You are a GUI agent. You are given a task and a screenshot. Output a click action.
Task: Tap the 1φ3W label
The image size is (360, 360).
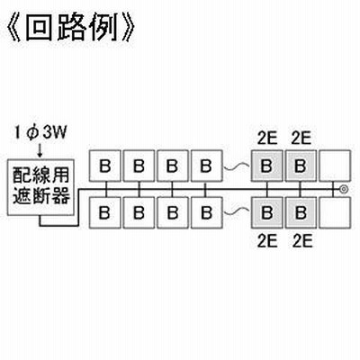click(x=40, y=134)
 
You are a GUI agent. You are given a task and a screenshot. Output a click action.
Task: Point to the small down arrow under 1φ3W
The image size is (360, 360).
click(x=40, y=151)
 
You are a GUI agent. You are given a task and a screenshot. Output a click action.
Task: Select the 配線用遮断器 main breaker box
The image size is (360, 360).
click(x=40, y=187)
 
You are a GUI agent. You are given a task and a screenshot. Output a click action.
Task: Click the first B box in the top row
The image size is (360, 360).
click(x=105, y=166)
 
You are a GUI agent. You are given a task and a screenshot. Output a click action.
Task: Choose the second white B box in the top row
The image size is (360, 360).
click(x=139, y=166)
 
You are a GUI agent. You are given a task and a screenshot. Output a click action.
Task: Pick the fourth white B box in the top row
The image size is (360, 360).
click(x=206, y=166)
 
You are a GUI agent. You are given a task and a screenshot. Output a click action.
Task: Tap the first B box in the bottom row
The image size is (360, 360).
click(x=105, y=212)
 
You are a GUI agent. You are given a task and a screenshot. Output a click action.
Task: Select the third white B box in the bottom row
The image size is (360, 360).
click(x=173, y=212)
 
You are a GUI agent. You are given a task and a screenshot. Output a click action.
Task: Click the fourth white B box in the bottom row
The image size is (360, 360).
click(x=206, y=212)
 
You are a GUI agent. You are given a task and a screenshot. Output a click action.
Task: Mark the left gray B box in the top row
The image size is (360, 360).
click(x=266, y=166)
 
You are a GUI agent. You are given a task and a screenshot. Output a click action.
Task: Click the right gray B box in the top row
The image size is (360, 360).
click(x=301, y=166)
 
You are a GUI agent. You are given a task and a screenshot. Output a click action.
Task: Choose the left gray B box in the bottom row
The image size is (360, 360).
click(x=266, y=212)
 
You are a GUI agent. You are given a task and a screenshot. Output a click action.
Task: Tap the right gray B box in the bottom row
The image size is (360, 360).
click(x=301, y=212)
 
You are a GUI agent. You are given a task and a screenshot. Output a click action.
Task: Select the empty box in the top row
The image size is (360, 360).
click(x=335, y=166)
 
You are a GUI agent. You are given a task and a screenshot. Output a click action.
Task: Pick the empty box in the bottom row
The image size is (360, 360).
click(x=335, y=212)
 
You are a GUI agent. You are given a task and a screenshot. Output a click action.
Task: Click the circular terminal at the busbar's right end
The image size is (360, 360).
click(x=344, y=189)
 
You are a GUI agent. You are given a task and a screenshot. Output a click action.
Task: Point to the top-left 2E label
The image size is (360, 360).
click(x=267, y=139)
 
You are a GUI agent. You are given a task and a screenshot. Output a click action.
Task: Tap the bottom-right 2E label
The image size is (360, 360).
click(x=302, y=241)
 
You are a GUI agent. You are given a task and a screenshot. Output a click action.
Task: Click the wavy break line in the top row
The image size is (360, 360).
click(x=237, y=166)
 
